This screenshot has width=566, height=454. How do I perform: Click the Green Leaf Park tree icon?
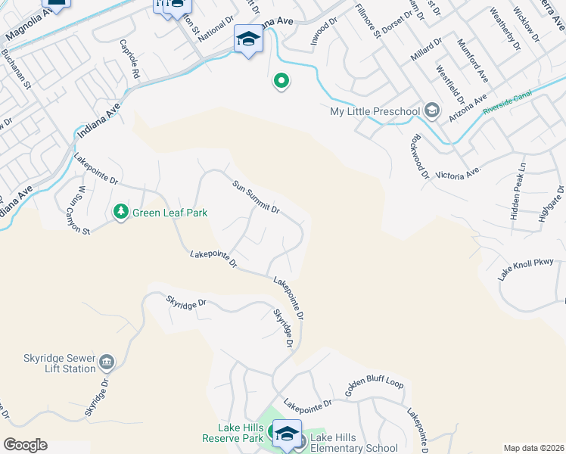[x=121, y=213]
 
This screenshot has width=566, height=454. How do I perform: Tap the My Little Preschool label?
[x=375, y=112]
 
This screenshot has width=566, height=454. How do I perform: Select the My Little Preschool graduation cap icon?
[x=431, y=111]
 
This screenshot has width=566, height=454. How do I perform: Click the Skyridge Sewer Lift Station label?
[x=47, y=362]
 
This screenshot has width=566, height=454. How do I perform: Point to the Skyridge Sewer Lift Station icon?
[x=107, y=362]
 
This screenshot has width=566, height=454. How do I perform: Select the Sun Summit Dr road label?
[x=256, y=197]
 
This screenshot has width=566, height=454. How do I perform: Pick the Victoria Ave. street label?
[x=459, y=173]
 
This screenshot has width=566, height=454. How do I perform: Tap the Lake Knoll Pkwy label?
[x=526, y=269]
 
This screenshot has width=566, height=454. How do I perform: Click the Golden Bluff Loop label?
[x=375, y=387]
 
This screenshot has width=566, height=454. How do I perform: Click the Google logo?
[x=25, y=445]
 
